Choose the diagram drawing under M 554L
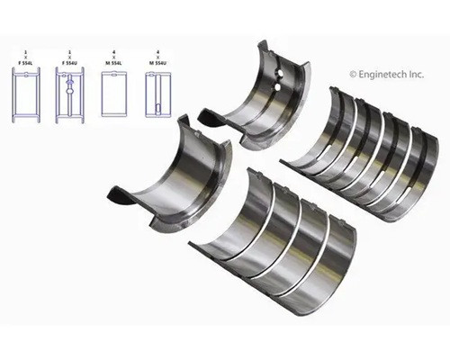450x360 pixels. coord(114,96)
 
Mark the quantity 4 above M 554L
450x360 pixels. coord(114,52)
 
